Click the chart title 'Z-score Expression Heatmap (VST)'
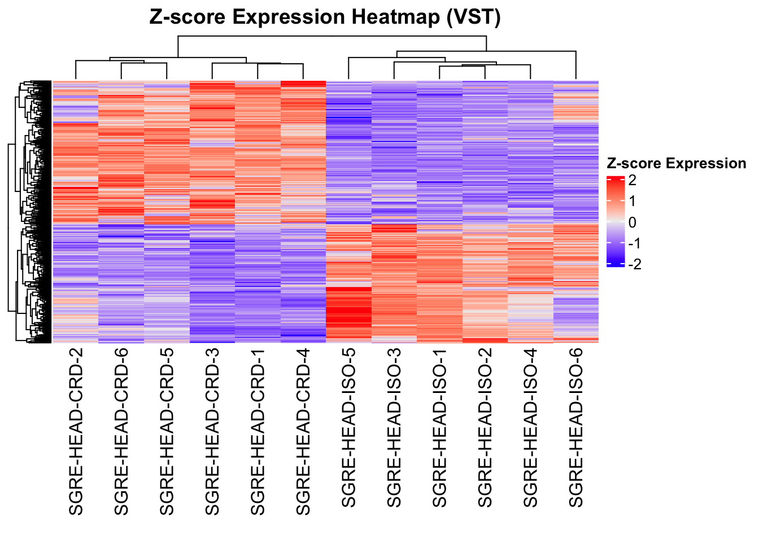tap(325, 18)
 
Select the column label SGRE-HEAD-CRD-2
tap(76, 432)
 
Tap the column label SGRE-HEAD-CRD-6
tap(121, 432)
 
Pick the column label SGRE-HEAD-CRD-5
tap(167, 432)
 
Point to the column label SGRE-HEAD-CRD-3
tap(212, 432)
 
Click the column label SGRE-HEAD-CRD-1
tap(258, 432)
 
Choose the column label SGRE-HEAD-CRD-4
tap(303, 432)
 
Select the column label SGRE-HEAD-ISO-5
tap(348, 428)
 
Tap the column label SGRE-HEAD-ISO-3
tap(394, 428)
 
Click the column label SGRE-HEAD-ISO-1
tap(439, 428)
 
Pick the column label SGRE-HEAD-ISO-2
tap(485, 428)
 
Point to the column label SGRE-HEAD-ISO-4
tap(530, 428)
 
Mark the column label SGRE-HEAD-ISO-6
tap(576, 428)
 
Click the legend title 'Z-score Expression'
tap(676, 164)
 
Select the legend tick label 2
tap(632, 181)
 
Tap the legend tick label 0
tap(632, 222)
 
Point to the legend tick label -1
tap(634, 243)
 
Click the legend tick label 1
tap(632, 202)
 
